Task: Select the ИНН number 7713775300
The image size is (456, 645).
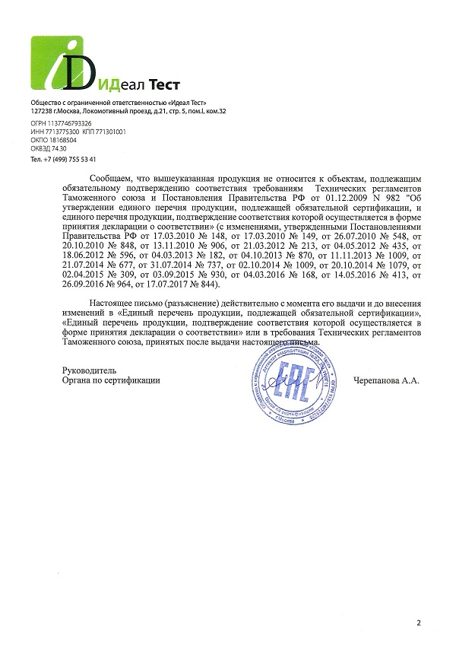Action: [x=62, y=132]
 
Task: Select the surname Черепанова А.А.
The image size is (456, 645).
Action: [x=386, y=379]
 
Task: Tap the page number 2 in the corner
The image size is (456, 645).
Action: [x=418, y=623]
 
